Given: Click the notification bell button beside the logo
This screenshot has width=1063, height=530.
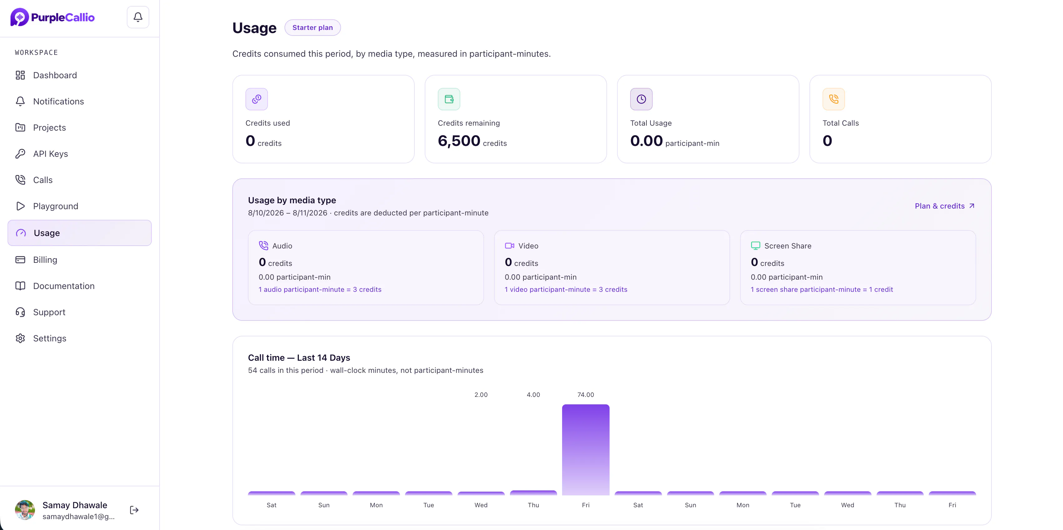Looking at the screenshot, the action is coord(138,17).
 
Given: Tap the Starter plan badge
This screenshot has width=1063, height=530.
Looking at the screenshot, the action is coord(312,28).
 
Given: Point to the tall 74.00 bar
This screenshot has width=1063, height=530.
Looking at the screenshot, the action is coord(586,450).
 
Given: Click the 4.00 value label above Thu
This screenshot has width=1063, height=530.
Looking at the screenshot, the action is coord(533,395).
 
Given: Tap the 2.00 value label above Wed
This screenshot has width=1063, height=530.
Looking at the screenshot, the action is coord(481,395).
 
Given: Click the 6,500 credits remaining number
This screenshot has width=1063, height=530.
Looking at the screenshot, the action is coord(459,141).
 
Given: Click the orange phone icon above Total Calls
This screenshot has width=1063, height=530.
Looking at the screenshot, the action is coord(833,99).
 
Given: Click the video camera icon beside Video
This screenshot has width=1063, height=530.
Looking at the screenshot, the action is coord(509,246).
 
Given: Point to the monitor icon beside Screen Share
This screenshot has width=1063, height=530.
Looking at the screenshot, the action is coord(755,246).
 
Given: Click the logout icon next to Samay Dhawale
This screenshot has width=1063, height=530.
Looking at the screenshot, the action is coord(134,510).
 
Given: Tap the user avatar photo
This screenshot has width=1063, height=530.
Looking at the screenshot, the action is coord(25,510).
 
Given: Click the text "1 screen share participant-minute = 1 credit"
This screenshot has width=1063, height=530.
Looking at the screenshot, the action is coord(822,289).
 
